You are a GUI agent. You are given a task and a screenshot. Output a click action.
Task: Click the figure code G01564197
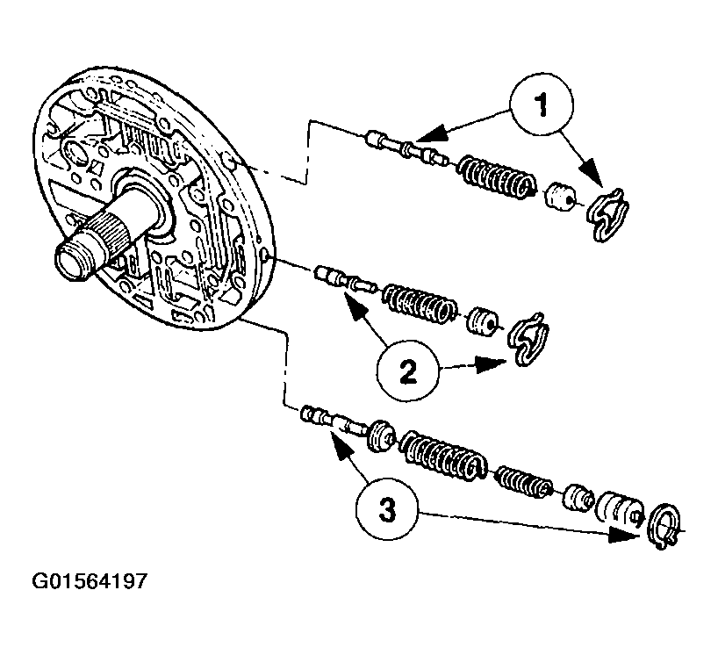point(89,581)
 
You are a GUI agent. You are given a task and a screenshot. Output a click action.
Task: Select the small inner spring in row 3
point(523,481)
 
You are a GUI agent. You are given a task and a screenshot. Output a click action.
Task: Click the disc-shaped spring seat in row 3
point(381,435)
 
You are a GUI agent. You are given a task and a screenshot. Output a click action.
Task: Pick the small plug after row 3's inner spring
point(578,498)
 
